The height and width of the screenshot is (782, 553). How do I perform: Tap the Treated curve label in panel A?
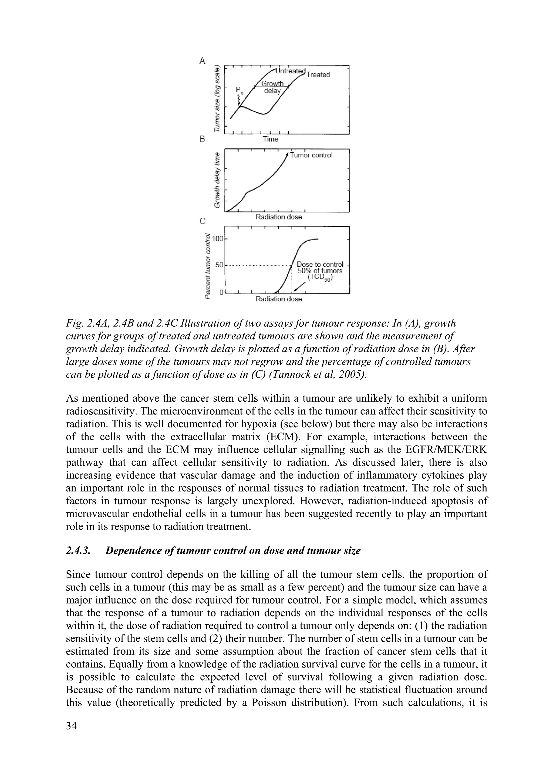click(318, 75)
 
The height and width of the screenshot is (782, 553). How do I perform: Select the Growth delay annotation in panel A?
click(272, 87)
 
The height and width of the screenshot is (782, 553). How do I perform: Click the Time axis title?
click(270, 139)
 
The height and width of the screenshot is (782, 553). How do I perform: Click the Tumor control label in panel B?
click(311, 155)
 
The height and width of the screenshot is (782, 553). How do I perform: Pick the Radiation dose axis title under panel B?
click(278, 217)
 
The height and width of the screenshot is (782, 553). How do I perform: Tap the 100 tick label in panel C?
click(217, 239)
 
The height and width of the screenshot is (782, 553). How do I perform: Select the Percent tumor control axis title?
click(207, 266)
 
